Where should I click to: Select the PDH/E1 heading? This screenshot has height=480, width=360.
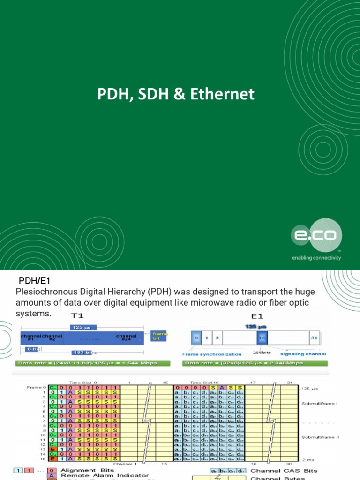point(34,281)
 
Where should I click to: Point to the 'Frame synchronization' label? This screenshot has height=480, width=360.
point(212,354)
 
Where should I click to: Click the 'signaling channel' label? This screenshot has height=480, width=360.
point(303,354)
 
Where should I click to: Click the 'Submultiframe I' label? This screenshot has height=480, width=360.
point(320,403)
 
